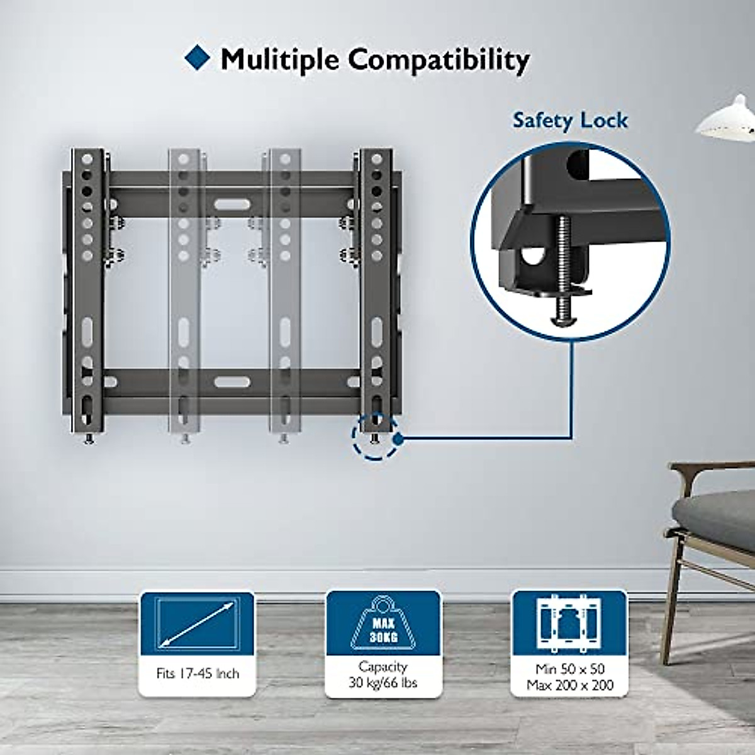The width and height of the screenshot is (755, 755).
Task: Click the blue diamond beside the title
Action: [198, 57]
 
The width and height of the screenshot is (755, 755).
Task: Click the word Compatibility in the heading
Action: [439, 60]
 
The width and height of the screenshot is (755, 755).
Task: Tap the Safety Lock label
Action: [570, 120]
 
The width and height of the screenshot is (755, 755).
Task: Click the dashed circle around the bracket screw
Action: [375, 436]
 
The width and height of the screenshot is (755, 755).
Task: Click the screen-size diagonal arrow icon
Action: [197, 624]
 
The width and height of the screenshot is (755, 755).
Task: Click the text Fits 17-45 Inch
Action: [198, 674]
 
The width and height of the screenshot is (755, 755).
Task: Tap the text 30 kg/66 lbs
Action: [383, 683]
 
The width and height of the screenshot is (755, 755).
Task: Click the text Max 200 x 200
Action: [570, 685]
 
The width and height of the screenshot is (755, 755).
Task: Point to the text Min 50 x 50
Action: [570, 669]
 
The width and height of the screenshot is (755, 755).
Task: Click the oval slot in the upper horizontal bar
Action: [232, 204]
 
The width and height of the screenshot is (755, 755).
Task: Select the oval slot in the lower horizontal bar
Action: [232, 381]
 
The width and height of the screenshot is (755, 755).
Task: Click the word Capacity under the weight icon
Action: [383, 666]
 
